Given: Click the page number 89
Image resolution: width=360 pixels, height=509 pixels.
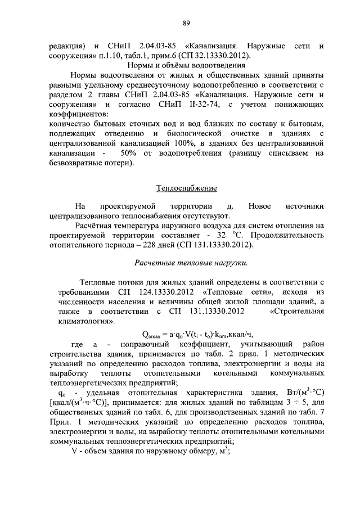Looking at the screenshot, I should point(186,22).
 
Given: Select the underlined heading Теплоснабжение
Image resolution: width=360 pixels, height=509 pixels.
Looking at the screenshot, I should point(186,188).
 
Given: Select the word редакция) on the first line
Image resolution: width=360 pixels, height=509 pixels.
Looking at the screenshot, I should point(67,45).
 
